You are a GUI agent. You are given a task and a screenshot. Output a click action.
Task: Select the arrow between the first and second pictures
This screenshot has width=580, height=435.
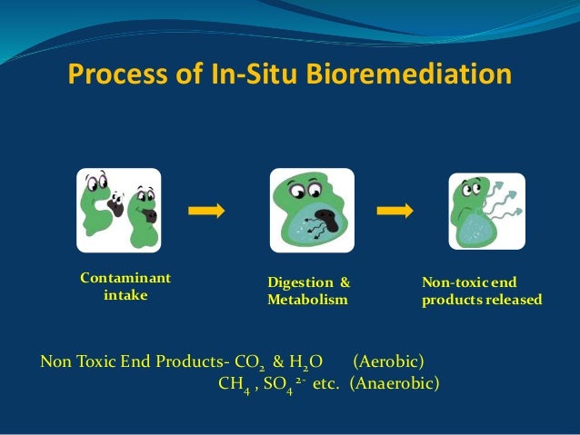(206, 211)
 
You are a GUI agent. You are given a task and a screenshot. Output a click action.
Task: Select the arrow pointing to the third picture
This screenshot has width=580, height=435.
(395, 211)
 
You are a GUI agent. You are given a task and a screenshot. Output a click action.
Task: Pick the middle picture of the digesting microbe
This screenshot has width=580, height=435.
(306, 211)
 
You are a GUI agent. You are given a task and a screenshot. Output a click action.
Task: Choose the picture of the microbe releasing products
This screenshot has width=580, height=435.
(486, 211)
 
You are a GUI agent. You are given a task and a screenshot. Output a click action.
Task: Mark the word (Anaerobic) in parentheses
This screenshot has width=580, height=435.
(395, 382)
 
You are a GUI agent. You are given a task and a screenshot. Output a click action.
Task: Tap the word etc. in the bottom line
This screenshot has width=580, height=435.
(325, 382)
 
